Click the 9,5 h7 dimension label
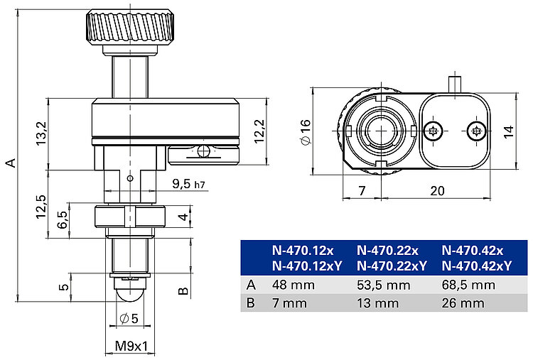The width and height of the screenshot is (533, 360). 189,185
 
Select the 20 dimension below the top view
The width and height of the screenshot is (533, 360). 437,191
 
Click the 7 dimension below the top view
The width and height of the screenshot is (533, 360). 362,191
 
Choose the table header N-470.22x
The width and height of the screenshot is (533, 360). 387,251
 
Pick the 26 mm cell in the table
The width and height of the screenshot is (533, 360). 463,303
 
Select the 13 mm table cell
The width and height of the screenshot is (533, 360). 377,303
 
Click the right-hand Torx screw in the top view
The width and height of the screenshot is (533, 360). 477,130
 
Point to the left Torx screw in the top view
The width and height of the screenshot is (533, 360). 435,130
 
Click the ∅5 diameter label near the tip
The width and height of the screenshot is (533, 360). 129,318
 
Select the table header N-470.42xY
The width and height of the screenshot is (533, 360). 476,266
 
